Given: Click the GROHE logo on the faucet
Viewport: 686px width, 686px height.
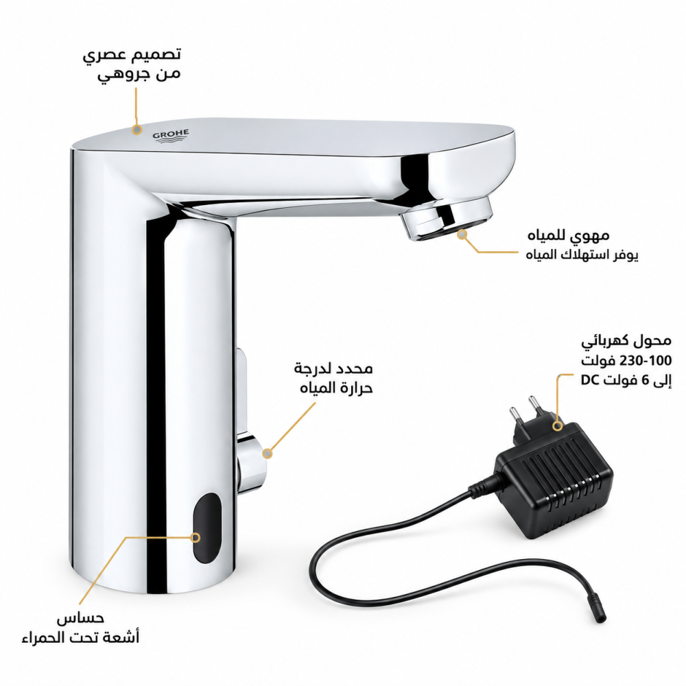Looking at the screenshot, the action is click(x=171, y=136).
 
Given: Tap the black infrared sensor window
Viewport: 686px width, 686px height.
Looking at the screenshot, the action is click(x=207, y=528).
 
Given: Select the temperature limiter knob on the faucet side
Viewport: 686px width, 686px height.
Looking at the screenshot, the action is click(x=252, y=462).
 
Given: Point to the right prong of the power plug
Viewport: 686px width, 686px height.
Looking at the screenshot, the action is click(x=535, y=406).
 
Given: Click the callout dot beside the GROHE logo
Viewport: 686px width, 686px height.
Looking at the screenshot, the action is click(x=137, y=130).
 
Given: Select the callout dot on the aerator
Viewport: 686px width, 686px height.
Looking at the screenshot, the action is click(x=462, y=235).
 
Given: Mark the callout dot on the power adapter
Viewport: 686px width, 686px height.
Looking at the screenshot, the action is click(x=557, y=425).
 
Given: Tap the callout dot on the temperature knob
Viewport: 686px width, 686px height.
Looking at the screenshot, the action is click(x=268, y=453).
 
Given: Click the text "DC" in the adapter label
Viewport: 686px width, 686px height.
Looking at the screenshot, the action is click(x=590, y=380).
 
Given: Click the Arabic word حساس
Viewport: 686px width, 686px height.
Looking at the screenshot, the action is click(x=80, y=618).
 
